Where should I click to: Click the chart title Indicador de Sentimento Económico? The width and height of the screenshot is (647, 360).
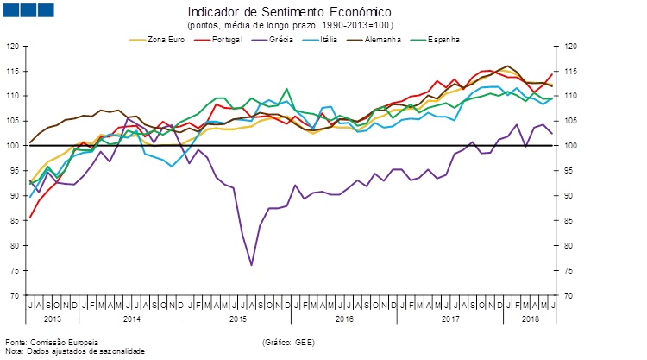289,13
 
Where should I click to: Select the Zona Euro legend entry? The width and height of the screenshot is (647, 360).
164,39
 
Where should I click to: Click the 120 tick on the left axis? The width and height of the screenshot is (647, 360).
13,46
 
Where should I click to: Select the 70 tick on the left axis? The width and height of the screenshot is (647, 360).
15,295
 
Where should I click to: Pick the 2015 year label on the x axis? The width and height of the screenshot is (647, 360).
237,319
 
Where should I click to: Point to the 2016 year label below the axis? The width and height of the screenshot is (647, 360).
345,319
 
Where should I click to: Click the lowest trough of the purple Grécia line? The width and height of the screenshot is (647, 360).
251,265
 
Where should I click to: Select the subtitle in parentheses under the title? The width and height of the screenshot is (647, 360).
289,26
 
